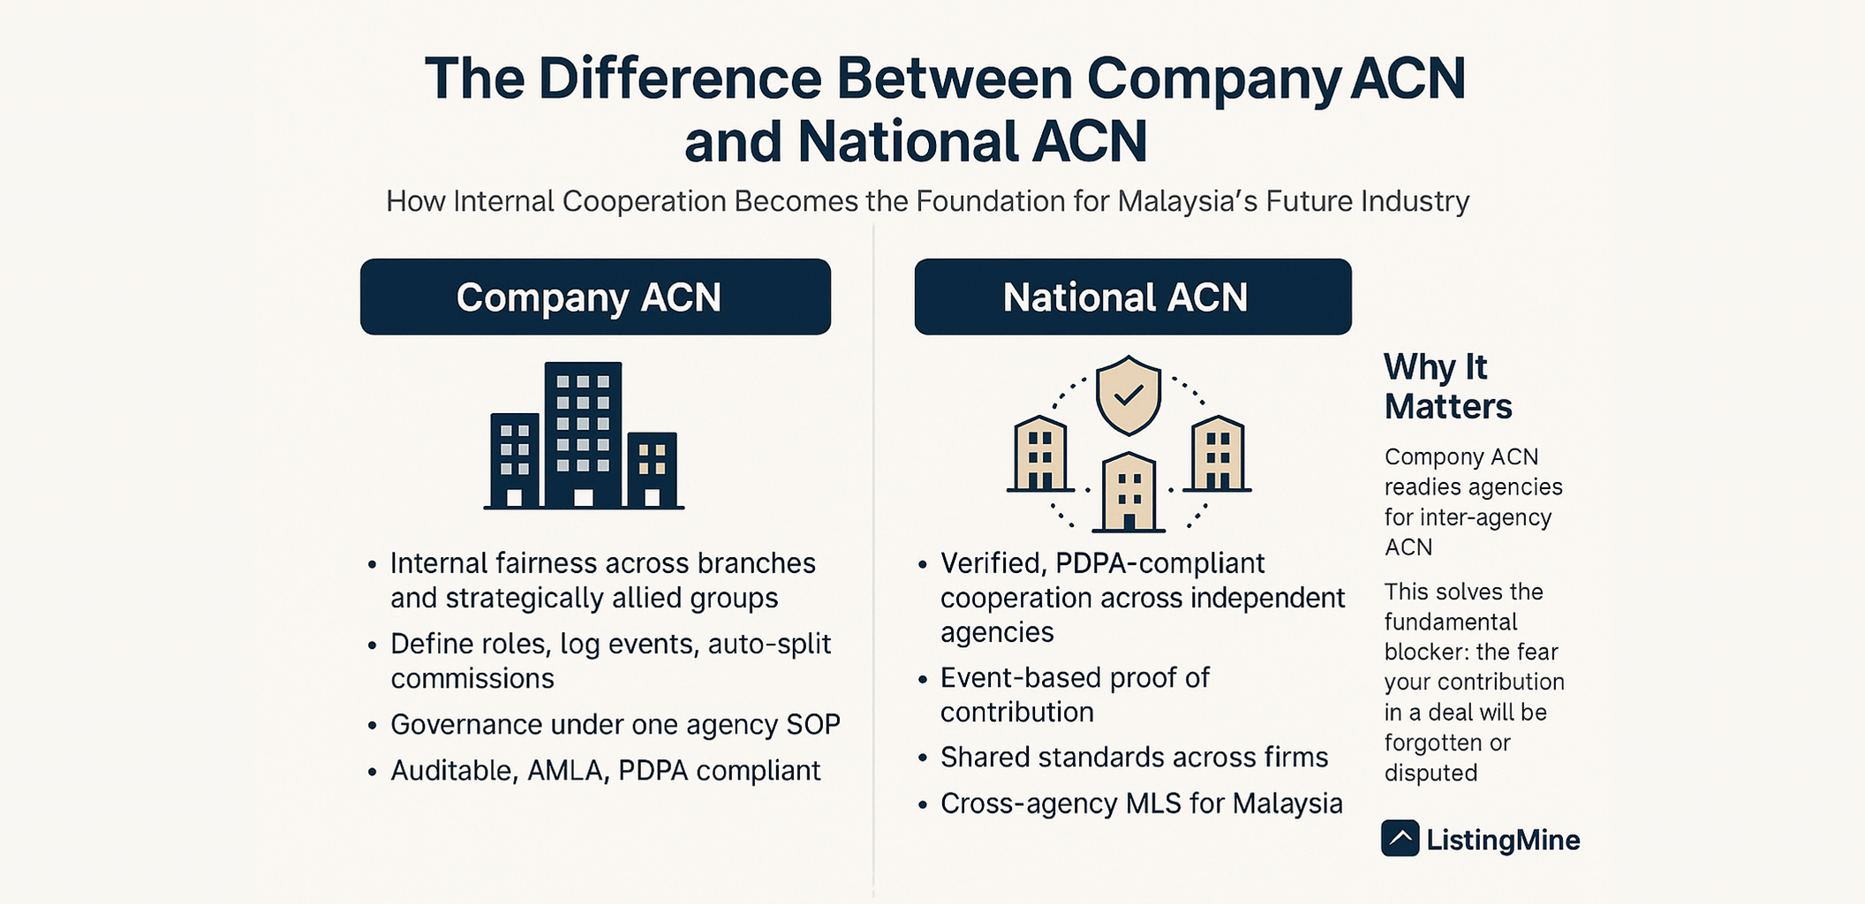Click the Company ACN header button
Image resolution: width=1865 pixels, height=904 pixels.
[x=595, y=297]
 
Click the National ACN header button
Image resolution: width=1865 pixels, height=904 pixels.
[x=1132, y=297]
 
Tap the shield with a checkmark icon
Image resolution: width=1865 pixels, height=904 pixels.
[x=1128, y=395]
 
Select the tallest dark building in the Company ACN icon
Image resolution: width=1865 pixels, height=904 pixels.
[x=583, y=433]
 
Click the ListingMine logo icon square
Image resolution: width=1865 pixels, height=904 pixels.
[x=1400, y=839]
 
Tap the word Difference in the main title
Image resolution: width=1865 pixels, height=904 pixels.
[x=680, y=79]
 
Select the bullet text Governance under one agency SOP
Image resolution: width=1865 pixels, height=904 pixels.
[x=615, y=725]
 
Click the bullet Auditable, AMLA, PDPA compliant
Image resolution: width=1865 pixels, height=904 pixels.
[x=605, y=771]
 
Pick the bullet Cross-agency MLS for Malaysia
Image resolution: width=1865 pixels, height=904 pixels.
[x=1141, y=803]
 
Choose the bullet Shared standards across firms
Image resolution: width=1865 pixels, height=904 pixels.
[x=1134, y=757]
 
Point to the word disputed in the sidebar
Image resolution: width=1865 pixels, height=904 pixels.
[x=1431, y=773]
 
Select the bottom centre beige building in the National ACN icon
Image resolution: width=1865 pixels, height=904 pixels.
[x=1129, y=492]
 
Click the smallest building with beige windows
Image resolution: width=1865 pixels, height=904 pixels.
[x=653, y=469]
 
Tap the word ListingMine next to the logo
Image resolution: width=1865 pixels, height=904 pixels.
[x=1503, y=840]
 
